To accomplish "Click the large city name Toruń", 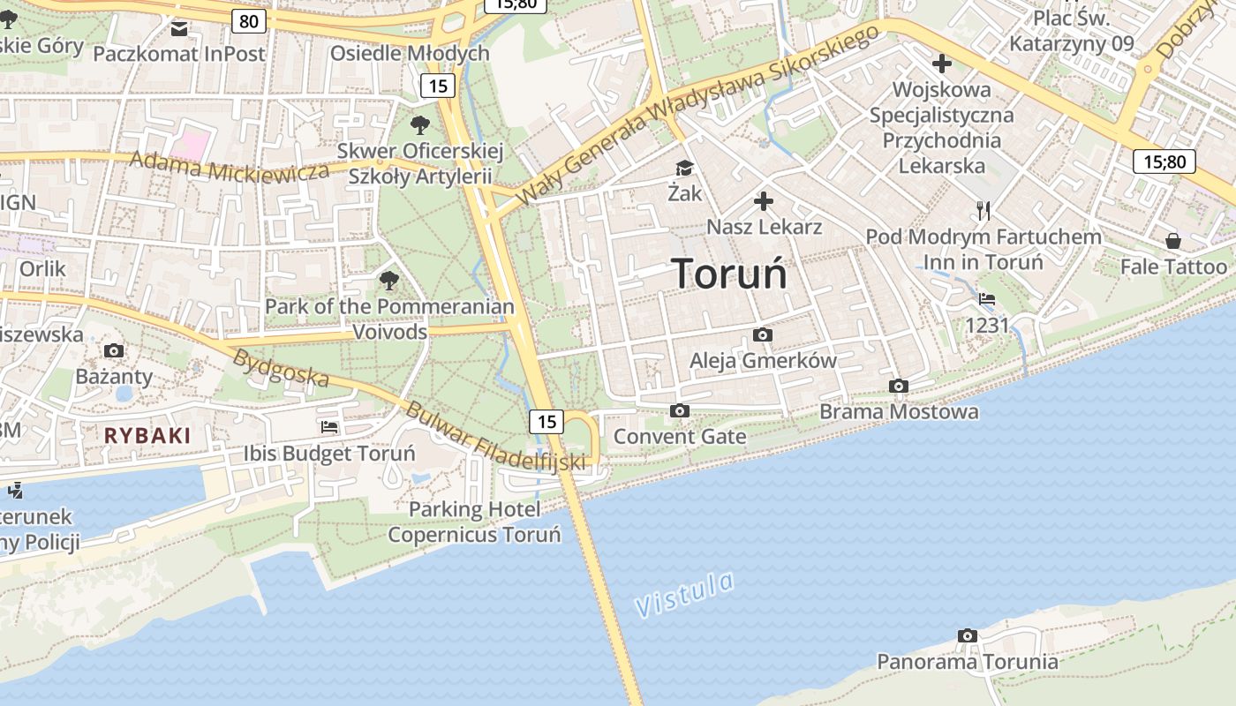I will [728, 274].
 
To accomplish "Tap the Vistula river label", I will [685, 595].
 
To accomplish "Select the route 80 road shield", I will [249, 20].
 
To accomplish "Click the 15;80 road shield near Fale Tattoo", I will [1164, 161].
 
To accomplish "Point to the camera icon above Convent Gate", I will [679, 410].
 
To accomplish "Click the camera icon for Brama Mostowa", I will [899, 386].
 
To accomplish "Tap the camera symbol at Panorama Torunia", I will [968, 635].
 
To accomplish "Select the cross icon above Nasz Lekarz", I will [764, 202].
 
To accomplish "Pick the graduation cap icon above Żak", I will [684, 168].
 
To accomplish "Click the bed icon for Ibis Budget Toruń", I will [329, 427].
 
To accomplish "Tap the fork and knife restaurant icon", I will [984, 210].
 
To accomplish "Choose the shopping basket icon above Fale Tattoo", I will [1173, 241].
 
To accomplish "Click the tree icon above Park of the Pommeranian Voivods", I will [388, 282].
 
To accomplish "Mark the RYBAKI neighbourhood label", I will [147, 435].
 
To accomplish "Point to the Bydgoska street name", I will [281, 369].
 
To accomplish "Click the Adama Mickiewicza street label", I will [230, 167].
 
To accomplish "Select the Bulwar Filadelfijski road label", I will [495, 438].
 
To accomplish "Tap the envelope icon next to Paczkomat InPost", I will [179, 29].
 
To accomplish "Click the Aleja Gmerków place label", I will [763, 360].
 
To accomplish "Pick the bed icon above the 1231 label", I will [987, 299].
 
